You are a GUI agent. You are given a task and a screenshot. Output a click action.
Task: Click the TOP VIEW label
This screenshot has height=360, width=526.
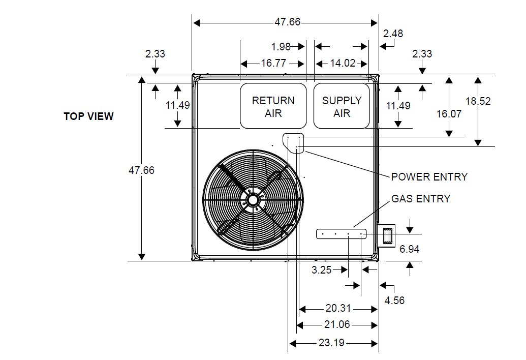[88, 116]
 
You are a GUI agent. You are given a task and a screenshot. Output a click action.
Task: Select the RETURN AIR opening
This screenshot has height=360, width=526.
[273, 106]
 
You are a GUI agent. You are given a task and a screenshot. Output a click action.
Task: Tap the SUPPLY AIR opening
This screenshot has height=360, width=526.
[342, 106]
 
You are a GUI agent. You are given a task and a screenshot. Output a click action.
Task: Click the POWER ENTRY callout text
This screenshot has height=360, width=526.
[429, 177]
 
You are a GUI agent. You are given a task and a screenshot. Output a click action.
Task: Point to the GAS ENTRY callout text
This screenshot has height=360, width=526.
[420, 199]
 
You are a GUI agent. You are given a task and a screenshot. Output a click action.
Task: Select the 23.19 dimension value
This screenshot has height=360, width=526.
[331, 343]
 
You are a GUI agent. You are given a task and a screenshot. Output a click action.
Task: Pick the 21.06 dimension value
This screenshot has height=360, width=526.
[337, 325]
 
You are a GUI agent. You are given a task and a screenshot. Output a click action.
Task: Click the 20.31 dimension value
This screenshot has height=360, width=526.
[338, 308]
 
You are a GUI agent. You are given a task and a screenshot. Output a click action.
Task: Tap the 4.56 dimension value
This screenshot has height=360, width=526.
[394, 301]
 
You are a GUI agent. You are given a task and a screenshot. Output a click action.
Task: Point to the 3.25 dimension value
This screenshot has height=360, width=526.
[322, 270]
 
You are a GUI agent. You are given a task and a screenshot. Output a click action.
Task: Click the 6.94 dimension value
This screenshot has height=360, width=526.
[409, 249]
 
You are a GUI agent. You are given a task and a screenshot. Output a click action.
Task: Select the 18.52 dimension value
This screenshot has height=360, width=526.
[478, 101]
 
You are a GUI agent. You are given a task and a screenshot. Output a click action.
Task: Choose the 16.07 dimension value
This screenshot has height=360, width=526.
[449, 114]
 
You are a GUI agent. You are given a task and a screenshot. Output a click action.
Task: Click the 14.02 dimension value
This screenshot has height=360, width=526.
[342, 64]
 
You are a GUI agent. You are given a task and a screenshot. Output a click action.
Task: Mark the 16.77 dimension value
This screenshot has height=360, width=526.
[273, 64]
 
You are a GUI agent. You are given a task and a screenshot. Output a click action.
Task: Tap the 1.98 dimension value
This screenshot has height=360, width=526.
[281, 47]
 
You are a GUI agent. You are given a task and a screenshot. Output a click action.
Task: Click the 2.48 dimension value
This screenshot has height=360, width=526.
[393, 34]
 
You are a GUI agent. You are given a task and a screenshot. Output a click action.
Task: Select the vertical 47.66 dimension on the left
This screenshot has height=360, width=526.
[141, 170]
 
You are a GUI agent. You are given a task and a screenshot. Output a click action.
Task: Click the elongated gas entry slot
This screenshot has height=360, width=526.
[342, 234]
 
